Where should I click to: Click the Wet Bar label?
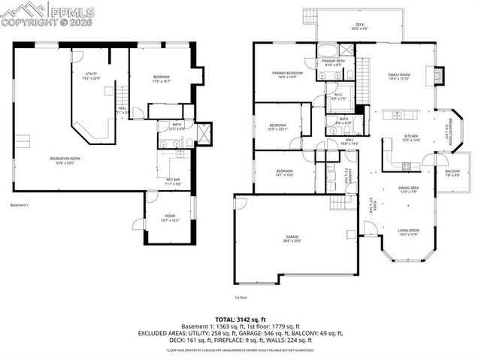(173, 181)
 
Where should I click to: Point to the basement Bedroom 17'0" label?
(162, 78)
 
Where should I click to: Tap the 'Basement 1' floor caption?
(19, 205)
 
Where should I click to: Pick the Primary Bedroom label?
(287, 74)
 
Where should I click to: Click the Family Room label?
(399, 77)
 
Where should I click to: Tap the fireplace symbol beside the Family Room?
(439, 76)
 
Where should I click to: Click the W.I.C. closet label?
(337, 96)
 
